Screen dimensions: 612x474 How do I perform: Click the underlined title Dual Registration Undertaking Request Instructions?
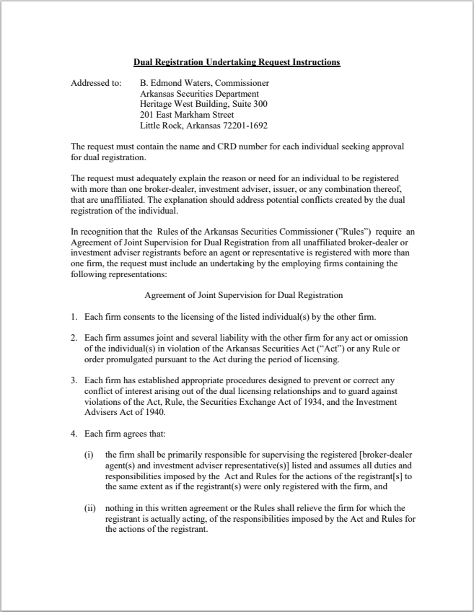pyautogui.click(x=237, y=63)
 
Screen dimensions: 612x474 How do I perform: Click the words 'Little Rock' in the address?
pyautogui.click(x=159, y=125)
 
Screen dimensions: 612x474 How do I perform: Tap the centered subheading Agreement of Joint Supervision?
pyautogui.click(x=244, y=295)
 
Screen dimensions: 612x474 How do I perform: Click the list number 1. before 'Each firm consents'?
pyautogui.click(x=74, y=318)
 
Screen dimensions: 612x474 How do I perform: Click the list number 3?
pyautogui.click(x=74, y=381)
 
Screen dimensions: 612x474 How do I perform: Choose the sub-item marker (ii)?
pyautogui.click(x=91, y=508)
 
